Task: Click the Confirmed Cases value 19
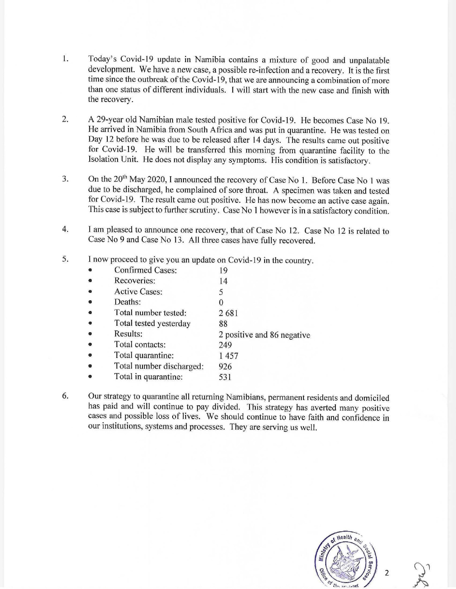(x=223, y=271)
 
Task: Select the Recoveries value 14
(x=223, y=281)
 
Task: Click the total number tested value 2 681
(x=228, y=313)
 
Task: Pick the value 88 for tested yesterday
(x=223, y=324)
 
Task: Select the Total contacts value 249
(x=225, y=345)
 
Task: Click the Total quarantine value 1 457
(x=229, y=356)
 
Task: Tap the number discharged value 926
(x=225, y=366)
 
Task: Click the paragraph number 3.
(x=65, y=179)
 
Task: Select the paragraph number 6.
(x=65, y=396)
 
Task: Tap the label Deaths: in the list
(x=127, y=302)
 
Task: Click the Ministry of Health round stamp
(x=346, y=562)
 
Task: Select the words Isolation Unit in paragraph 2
(x=114, y=159)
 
